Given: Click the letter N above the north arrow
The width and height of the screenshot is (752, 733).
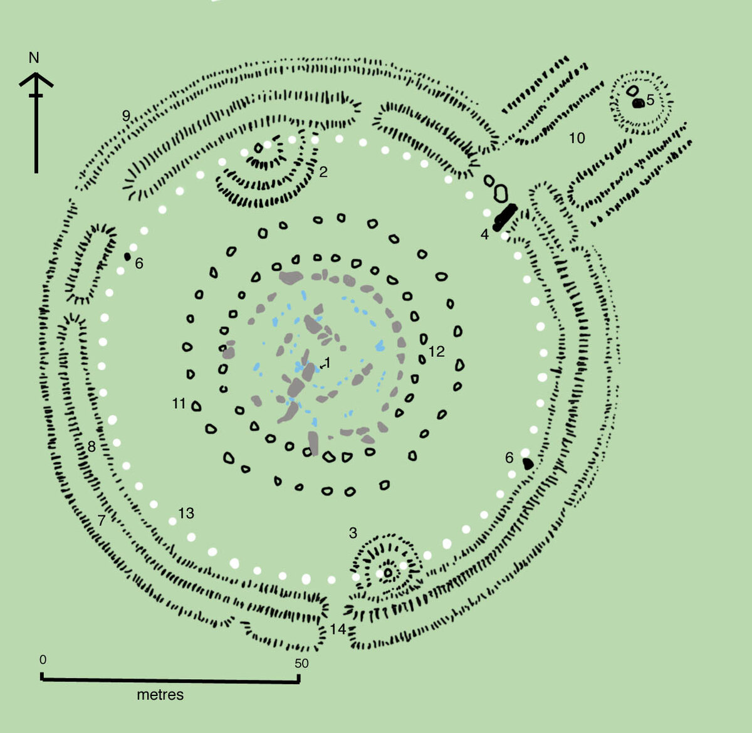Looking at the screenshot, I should [34, 58].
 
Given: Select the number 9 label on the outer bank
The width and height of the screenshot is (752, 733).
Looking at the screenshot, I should [126, 115].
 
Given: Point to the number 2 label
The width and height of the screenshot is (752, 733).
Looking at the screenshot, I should [323, 172].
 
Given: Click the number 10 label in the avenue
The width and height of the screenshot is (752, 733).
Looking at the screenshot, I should [577, 138].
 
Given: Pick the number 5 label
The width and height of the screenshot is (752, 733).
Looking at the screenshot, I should [650, 100].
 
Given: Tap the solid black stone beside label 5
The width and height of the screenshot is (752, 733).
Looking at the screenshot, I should [638, 103].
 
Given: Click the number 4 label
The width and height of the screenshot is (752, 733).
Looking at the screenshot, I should [484, 235].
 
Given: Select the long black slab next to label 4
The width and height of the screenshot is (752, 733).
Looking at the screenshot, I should [504, 216].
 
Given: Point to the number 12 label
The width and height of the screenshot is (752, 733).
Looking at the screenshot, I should [436, 352].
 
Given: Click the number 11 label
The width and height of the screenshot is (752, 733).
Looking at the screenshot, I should [179, 404].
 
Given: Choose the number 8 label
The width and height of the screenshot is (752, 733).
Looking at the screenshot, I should [91, 447].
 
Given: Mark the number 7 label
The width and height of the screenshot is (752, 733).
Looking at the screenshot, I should [102, 520].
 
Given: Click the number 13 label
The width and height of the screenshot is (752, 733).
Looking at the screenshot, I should [186, 514].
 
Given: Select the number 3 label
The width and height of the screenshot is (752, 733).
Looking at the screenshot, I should [353, 533].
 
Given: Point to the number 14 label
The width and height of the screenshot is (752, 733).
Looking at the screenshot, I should [338, 629].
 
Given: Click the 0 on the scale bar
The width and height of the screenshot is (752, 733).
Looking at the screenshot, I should [43, 660].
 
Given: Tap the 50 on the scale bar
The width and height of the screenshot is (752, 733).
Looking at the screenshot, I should [301, 663].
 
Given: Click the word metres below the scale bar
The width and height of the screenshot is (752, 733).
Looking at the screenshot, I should [160, 695].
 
